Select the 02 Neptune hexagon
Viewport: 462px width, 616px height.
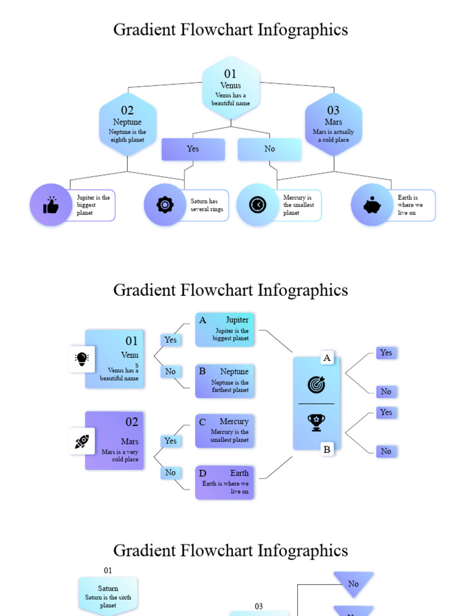(x=128, y=125)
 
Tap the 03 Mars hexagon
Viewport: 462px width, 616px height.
(x=333, y=125)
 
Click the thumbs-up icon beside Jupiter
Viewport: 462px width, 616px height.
(x=51, y=205)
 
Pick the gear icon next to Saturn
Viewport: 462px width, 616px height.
(x=165, y=205)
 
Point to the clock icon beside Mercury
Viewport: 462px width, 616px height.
(x=257, y=205)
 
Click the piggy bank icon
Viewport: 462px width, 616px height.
(x=372, y=205)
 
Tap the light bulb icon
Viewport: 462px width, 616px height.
(x=82, y=359)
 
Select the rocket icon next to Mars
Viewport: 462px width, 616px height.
(x=82, y=442)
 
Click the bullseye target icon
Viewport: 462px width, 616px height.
(x=316, y=384)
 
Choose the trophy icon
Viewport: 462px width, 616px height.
(x=316, y=422)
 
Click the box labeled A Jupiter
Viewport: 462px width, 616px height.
(x=224, y=330)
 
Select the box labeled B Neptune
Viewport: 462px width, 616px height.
(x=224, y=381)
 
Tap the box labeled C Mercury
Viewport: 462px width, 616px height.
(x=224, y=431)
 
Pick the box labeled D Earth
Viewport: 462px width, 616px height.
(x=224, y=482)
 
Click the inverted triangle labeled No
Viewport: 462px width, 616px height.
(x=354, y=583)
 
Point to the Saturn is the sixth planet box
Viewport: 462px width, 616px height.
(x=108, y=596)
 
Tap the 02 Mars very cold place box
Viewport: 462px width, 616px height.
(x=115, y=441)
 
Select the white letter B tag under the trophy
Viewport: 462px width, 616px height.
(x=327, y=449)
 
